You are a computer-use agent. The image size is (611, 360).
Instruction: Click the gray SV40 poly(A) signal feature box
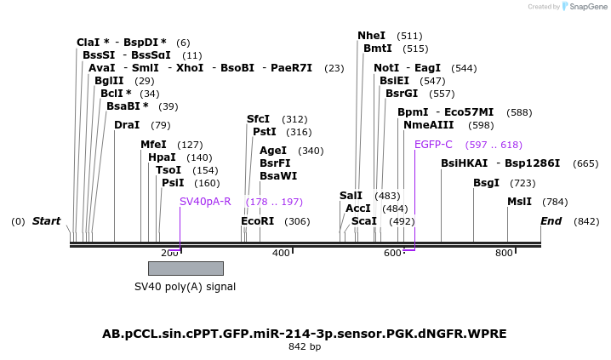click(x=186, y=268)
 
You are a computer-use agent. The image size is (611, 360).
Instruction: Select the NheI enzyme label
click(x=371, y=36)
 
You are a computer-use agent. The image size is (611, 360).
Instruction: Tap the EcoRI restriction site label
click(x=257, y=221)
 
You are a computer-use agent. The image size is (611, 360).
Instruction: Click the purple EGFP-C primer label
click(x=433, y=145)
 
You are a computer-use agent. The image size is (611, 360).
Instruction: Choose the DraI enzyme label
click(x=127, y=125)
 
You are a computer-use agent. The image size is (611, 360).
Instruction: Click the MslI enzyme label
click(x=519, y=202)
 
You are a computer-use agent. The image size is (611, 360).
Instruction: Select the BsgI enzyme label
click(x=486, y=183)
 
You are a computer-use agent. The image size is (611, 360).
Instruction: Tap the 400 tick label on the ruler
click(x=280, y=254)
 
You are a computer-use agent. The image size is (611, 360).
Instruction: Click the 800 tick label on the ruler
click(x=504, y=254)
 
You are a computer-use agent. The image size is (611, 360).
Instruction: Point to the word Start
click(x=46, y=221)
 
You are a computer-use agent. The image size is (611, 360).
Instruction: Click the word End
click(x=551, y=221)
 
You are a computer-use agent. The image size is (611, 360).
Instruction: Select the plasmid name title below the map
click(x=305, y=334)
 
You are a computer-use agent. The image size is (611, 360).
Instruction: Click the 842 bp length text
click(x=305, y=347)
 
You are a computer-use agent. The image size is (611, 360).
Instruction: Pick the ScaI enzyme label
click(x=364, y=221)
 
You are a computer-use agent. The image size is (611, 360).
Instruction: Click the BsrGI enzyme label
click(x=402, y=94)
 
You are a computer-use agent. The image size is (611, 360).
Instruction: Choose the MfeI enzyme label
click(x=153, y=145)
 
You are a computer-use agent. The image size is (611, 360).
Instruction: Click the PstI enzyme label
click(x=265, y=132)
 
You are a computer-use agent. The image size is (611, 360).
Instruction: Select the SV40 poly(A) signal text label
click(x=185, y=287)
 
